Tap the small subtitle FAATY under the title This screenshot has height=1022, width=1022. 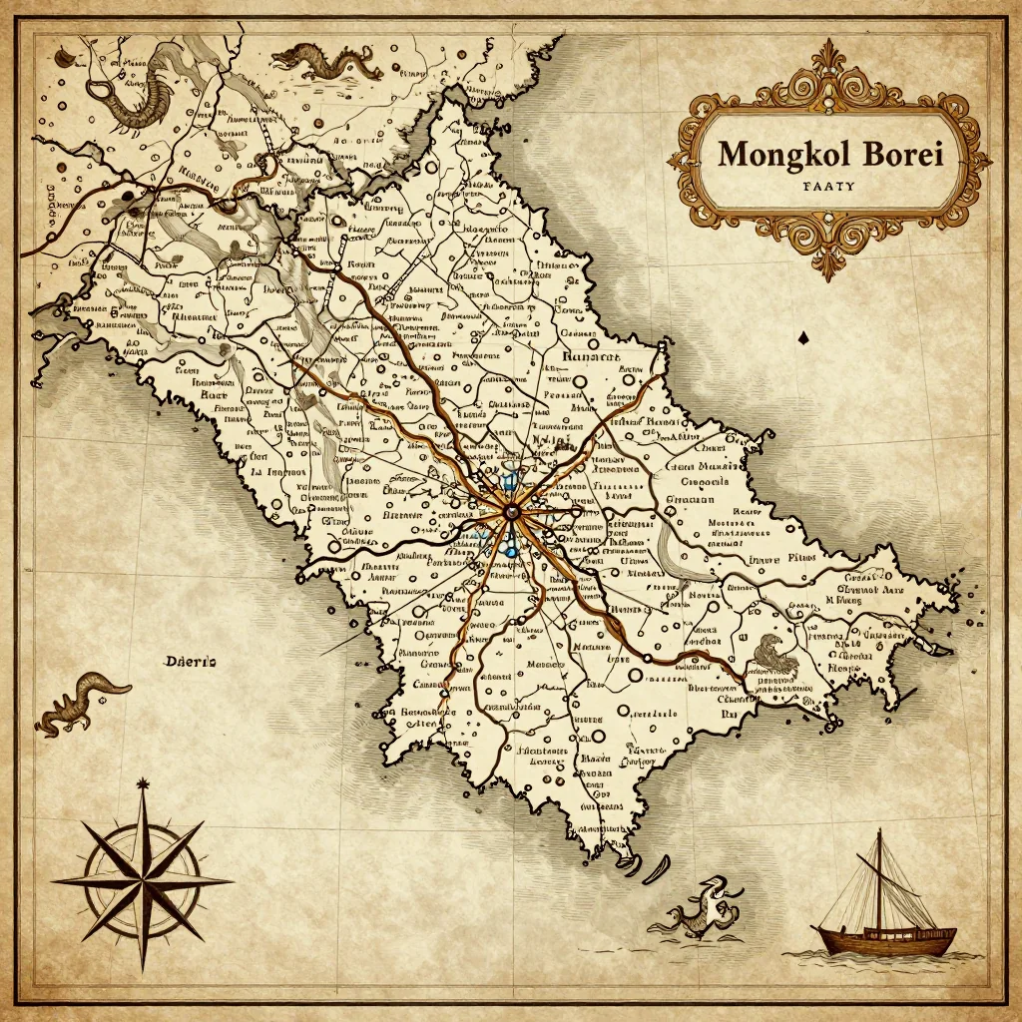(828, 186)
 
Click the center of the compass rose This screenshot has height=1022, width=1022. (141, 881)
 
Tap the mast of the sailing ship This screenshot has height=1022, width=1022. (878, 878)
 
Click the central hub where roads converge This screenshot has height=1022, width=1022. (512, 514)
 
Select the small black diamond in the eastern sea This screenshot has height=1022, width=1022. (803, 339)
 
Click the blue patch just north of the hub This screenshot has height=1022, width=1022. (509, 483)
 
